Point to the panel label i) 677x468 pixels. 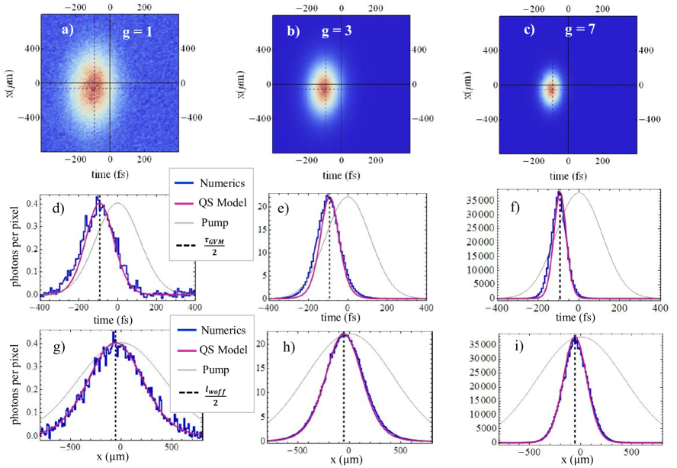[521, 354]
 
